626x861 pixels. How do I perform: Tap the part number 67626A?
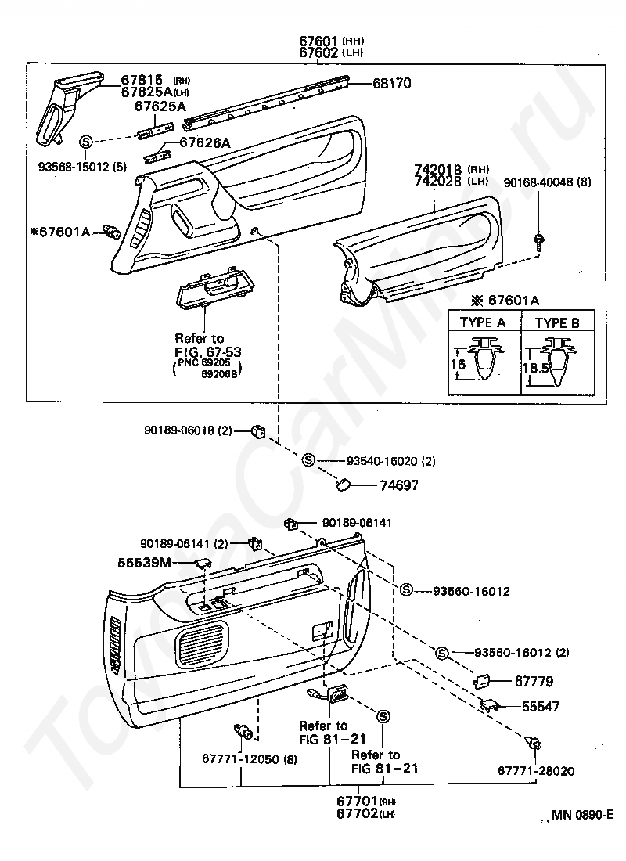coord(205,142)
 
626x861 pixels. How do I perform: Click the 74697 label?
coord(400,485)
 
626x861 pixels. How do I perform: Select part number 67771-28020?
coord(536,771)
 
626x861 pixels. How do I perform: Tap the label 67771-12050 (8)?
coord(239,758)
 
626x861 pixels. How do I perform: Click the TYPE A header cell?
coord(482,322)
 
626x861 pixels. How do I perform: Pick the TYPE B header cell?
coord(557,322)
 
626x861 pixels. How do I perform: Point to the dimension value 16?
coord(458,365)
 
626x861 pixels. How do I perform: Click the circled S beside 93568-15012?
coord(86,142)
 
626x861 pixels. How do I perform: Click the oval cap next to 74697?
coord(343,485)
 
